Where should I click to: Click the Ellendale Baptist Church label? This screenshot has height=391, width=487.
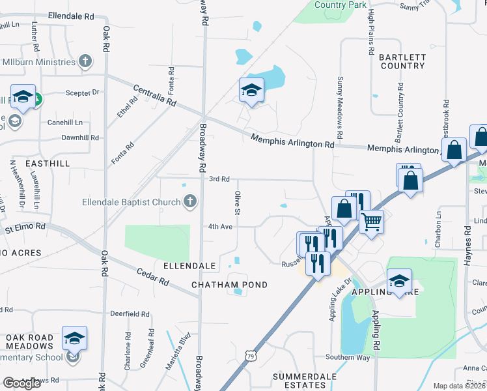pyautogui.click(x=131, y=202)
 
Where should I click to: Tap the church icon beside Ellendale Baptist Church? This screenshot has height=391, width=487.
pyautogui.click(x=189, y=201)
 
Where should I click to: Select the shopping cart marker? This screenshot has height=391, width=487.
pyautogui.click(x=371, y=222)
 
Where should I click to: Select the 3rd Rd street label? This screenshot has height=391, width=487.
pyautogui.click(x=219, y=179)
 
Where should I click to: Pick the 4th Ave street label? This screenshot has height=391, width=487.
pyautogui.click(x=220, y=227)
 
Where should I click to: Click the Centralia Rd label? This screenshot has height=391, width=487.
pyautogui.click(x=155, y=96)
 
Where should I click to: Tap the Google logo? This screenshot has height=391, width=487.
pyautogui.click(x=21, y=383)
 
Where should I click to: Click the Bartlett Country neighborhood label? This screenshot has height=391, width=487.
pyautogui.click(x=402, y=61)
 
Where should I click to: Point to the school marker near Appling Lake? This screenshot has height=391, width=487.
pyautogui.click(x=399, y=282)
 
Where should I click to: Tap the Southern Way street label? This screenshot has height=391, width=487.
pyautogui.click(x=348, y=357)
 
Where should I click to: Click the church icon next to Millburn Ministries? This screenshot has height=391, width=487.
pyautogui.click(x=84, y=62)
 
